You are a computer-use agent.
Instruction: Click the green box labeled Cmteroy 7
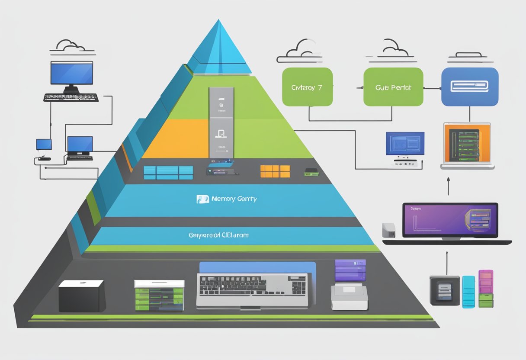[307, 87]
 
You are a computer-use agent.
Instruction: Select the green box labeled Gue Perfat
[393, 87]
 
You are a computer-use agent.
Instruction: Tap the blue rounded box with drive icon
[469, 87]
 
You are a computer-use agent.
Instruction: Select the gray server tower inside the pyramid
[221, 122]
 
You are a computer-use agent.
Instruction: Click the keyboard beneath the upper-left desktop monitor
[71, 98]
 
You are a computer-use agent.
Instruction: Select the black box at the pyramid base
[81, 296]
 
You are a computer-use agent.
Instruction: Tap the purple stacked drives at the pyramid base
[350, 271]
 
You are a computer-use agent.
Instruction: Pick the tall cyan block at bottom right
[468, 292]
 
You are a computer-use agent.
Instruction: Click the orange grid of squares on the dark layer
[275, 171]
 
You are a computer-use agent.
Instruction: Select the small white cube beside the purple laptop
[388, 230]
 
